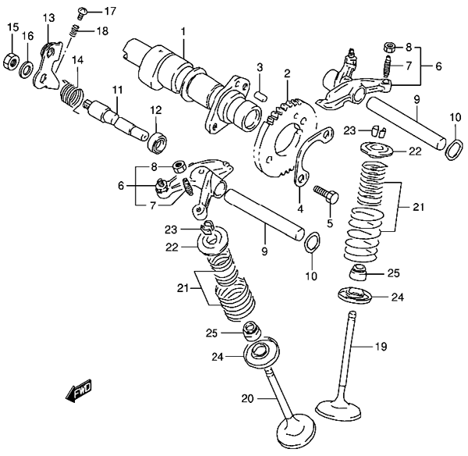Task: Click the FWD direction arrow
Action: tap(80, 390)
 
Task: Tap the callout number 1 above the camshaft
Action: tap(183, 32)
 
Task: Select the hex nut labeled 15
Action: tap(12, 61)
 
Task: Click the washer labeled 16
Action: tap(27, 69)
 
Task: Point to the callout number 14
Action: tap(77, 60)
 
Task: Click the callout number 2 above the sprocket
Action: tap(287, 73)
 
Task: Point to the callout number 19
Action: tap(381, 347)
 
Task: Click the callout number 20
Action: tap(247, 399)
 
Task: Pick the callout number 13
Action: tap(49, 18)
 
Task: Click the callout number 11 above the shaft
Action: tap(117, 91)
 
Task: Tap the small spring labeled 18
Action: tap(75, 31)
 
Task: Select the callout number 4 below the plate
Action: tap(300, 209)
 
